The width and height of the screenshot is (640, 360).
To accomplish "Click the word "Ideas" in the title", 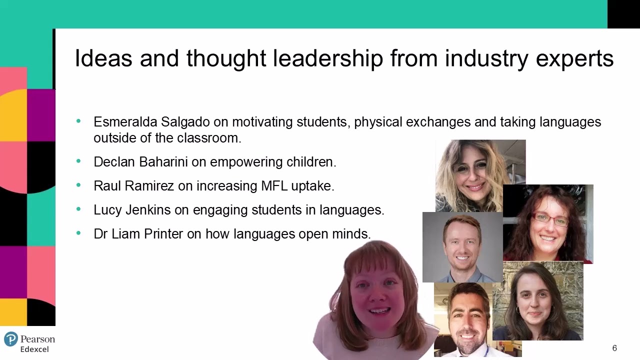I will (103, 58).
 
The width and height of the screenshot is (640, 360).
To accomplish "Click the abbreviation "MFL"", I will (274, 186).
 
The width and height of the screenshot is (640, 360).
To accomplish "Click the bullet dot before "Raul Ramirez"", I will (78, 185).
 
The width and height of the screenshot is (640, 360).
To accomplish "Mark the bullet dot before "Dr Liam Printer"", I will (78, 233).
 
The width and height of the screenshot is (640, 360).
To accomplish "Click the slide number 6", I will (614, 348).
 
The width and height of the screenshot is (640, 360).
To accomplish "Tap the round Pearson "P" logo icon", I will (10, 339).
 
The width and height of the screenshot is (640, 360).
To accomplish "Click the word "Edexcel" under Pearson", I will (34, 349).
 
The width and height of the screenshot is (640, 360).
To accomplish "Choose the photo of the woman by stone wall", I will (539, 302).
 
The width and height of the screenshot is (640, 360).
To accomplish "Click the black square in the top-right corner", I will (623, 14).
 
